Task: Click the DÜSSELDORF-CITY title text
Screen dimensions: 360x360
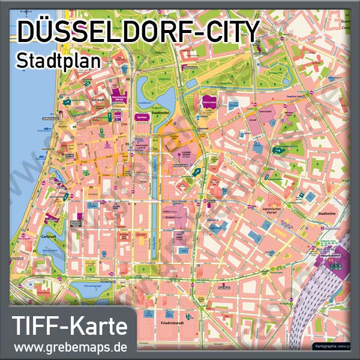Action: click(x=138, y=31)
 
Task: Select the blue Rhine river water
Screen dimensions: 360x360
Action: click(x=18, y=180)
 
